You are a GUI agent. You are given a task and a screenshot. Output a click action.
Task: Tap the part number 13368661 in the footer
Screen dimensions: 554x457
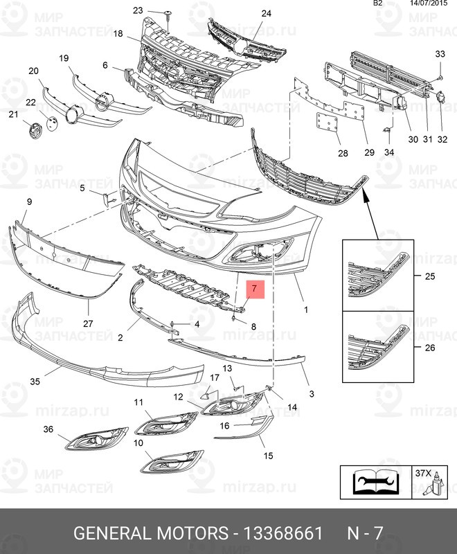pyautogui.click(x=279, y=533)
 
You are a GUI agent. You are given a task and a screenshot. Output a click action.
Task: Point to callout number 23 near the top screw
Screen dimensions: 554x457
pyautogui.click(x=138, y=10)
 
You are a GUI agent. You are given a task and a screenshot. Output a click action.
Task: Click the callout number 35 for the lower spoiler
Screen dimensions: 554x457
pyautogui.click(x=35, y=381)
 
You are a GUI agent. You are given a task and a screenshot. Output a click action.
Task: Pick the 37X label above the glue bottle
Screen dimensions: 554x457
pyautogui.click(x=422, y=474)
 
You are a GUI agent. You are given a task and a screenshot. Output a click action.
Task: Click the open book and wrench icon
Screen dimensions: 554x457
pyautogui.click(x=374, y=483)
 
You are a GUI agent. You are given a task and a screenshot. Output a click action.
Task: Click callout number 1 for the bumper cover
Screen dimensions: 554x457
pyautogui.click(x=305, y=310)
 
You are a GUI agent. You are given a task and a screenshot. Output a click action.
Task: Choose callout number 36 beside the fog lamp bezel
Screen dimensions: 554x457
pyautogui.click(x=48, y=429)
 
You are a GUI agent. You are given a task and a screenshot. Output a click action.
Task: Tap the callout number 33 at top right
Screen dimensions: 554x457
pyautogui.click(x=440, y=54)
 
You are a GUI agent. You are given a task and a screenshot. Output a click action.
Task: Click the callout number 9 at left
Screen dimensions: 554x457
pyautogui.click(x=30, y=202)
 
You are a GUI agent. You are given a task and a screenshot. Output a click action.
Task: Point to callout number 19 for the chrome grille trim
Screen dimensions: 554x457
pyautogui.click(x=64, y=58)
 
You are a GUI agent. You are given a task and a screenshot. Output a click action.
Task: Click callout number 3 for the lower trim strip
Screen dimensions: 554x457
pyautogui.click(x=312, y=393)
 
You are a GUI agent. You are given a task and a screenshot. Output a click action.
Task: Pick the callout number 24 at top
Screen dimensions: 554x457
pyautogui.click(x=266, y=13)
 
